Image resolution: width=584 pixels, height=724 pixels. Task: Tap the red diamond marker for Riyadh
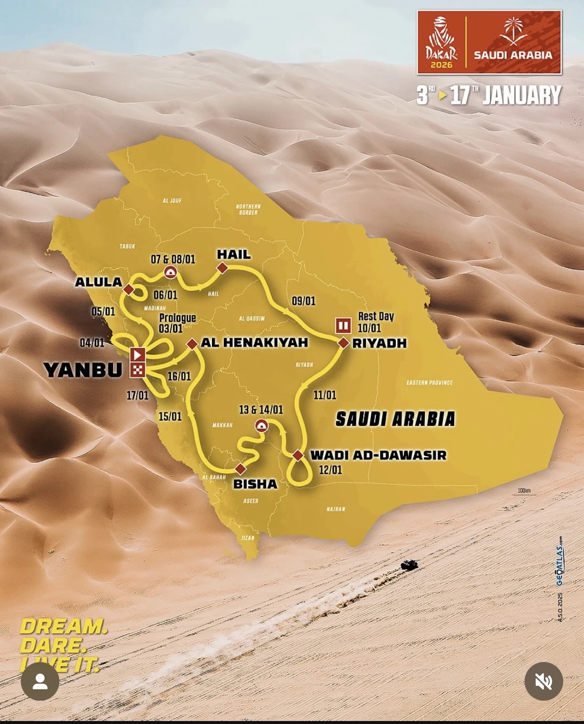tap(343, 343)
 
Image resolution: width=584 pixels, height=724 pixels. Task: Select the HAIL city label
tap(234, 254)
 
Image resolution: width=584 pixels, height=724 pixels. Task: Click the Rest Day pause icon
tap(343, 325)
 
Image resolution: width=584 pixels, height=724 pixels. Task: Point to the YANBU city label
tap(83, 370)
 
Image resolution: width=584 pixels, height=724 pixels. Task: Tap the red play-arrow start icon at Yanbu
tap(138, 355)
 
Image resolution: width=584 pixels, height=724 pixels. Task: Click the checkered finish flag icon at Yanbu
tap(138, 369)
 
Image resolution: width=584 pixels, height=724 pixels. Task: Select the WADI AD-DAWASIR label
tap(378, 455)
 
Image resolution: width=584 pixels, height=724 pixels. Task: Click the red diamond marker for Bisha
tap(240, 469)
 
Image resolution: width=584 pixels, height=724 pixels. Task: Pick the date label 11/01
tap(324, 395)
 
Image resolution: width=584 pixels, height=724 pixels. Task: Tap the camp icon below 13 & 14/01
tap(261, 425)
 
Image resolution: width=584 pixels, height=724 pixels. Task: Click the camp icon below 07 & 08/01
tap(170, 272)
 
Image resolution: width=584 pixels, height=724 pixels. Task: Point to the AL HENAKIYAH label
tap(254, 342)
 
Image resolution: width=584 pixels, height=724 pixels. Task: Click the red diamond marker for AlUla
tap(129, 289)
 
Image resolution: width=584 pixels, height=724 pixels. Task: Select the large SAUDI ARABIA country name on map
tap(395, 419)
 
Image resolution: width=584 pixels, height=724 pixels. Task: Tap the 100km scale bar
tap(524, 492)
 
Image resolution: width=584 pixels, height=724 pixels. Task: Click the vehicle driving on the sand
tap(409, 564)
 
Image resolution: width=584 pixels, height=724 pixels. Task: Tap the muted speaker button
tap(543, 681)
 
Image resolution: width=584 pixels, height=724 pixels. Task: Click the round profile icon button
tap(40, 681)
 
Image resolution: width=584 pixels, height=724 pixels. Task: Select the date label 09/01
tap(304, 301)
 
